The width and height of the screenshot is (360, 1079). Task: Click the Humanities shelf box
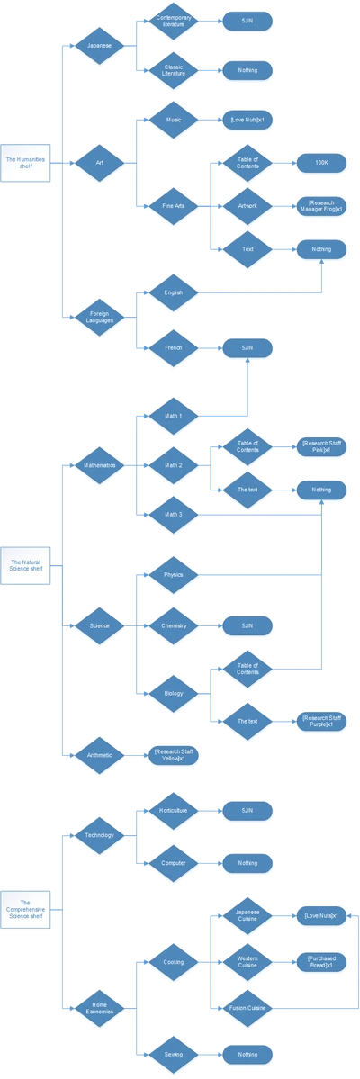point(25,163)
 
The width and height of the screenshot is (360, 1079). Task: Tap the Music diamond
point(174,118)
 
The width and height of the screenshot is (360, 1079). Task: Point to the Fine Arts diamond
point(174,206)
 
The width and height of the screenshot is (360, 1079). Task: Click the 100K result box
point(322,163)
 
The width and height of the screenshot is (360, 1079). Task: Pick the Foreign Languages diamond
point(99,315)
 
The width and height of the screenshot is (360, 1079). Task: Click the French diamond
point(174,346)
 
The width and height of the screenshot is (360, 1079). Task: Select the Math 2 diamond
point(174,465)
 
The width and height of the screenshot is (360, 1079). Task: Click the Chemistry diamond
point(174,624)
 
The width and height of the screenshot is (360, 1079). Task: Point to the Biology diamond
point(174,693)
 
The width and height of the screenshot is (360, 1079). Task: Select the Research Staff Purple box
point(322,720)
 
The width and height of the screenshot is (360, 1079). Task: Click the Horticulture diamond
point(174,811)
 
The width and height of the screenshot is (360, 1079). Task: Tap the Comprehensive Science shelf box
point(25,906)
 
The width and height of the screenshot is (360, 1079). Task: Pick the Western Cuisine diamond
point(247,961)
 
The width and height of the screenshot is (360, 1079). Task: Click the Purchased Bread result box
point(322,961)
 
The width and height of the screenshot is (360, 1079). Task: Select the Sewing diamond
point(174,1054)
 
